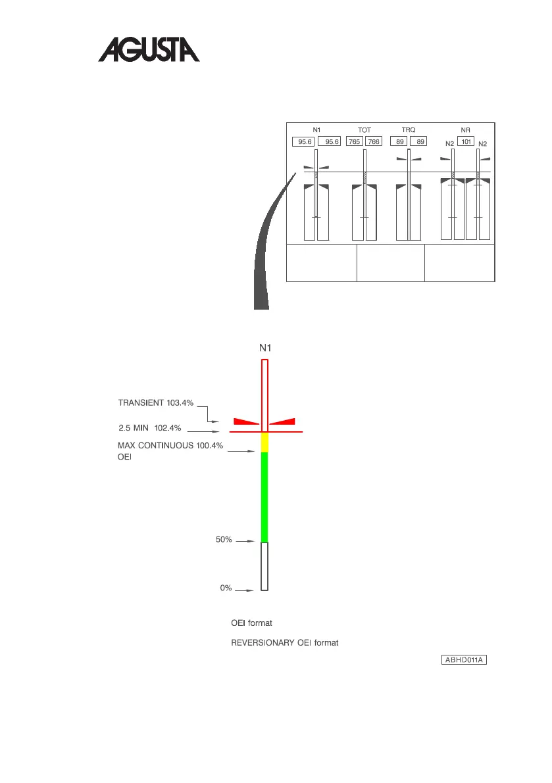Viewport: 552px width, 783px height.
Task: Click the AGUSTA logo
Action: [149, 49]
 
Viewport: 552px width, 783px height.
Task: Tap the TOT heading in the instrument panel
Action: [364, 130]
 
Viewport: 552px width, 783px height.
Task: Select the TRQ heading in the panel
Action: [408, 130]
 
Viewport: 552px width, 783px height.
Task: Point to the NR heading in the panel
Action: [465, 130]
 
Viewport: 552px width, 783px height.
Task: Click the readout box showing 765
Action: [355, 141]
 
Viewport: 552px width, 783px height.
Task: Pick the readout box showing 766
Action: [374, 141]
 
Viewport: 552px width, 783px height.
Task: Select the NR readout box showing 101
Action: [465, 141]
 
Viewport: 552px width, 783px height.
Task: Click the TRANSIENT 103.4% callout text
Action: [156, 403]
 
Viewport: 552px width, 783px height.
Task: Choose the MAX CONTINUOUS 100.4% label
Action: [170, 446]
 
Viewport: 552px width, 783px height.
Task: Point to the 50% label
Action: [224, 540]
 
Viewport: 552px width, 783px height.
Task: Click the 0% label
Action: [226, 588]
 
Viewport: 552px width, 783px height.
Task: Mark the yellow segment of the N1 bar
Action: [265, 442]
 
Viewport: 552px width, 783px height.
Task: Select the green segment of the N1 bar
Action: [265, 496]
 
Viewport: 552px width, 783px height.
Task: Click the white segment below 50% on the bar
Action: [265, 565]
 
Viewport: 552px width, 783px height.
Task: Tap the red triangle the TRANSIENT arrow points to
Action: [245, 421]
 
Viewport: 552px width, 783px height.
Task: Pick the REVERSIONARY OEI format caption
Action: [285, 642]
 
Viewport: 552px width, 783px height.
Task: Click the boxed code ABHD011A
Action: [463, 659]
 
